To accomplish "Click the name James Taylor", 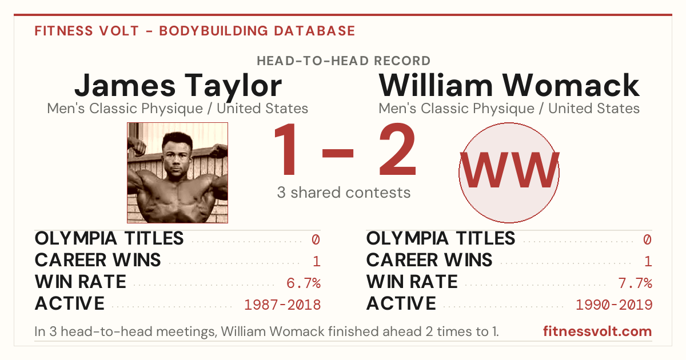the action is click(x=178, y=86).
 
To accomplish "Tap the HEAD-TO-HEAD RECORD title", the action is click(x=344, y=61).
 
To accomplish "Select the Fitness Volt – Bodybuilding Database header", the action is click(x=195, y=31).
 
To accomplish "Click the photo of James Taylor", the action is click(x=178, y=173).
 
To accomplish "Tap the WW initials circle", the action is click(x=509, y=173).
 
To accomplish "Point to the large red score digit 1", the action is click(x=286, y=149).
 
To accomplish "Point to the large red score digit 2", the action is click(x=397, y=149).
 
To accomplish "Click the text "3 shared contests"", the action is click(x=344, y=193).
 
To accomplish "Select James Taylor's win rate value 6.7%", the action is click(x=304, y=283).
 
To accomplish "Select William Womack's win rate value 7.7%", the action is click(x=635, y=283).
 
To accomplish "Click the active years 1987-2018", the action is click(x=282, y=305).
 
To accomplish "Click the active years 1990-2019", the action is click(x=614, y=305).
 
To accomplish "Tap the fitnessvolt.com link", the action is click(x=597, y=331).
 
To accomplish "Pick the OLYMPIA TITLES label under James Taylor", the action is click(x=109, y=238).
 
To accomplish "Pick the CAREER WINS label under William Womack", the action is click(x=429, y=260).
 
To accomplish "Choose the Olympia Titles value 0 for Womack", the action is click(x=647, y=239).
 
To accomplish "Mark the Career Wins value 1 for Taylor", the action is click(x=317, y=262).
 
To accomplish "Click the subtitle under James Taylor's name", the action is click(x=178, y=109).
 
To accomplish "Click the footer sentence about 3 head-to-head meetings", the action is click(x=266, y=331).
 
